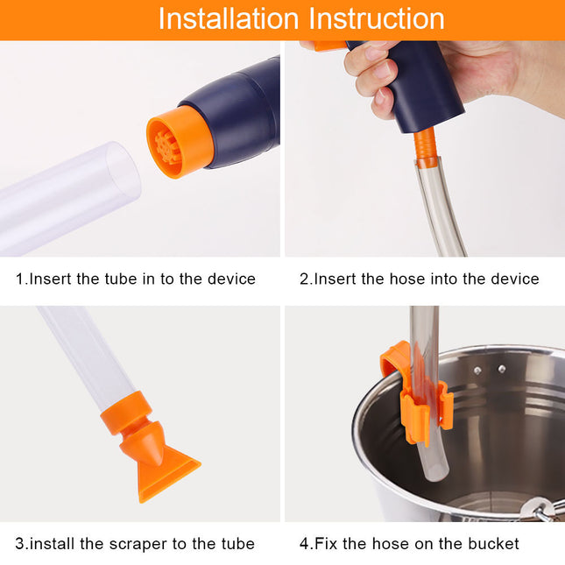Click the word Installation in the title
coord(226,18)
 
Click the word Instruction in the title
coord(373,18)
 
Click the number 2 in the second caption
coord(304,279)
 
